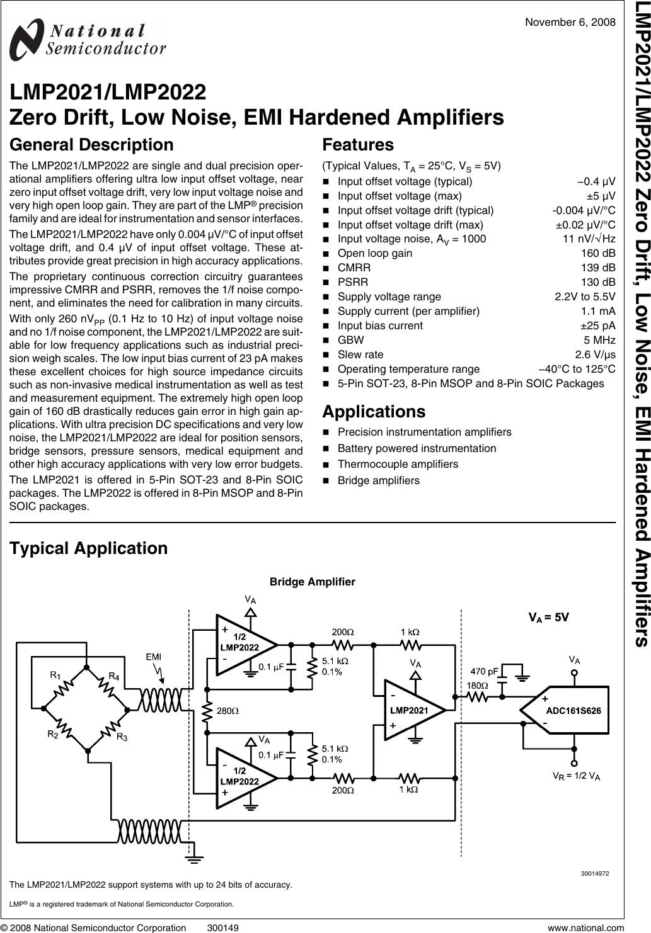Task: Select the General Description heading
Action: (91, 145)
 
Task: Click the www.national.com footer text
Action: (586, 927)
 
